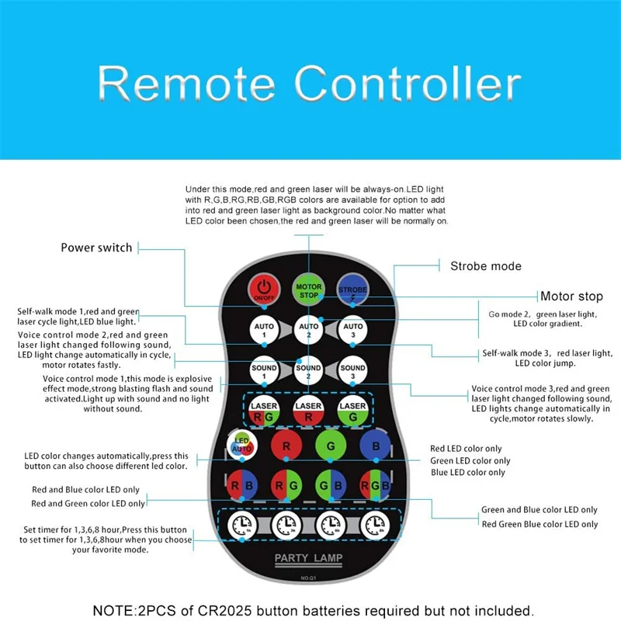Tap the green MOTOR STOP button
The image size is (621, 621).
tap(309, 290)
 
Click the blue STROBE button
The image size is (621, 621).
tap(352, 290)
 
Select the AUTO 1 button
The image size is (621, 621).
tap(265, 331)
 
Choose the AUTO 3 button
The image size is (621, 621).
tap(353, 331)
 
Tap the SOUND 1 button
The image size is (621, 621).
tap(265, 371)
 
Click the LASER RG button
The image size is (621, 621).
tap(265, 412)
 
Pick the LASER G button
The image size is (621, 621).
tap(353, 412)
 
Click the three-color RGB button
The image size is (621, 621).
tap(375, 487)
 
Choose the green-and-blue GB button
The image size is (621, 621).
tap(331, 487)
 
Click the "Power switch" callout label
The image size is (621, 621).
tap(97, 248)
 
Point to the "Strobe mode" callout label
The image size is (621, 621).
tap(486, 265)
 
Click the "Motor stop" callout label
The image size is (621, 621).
tap(571, 296)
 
